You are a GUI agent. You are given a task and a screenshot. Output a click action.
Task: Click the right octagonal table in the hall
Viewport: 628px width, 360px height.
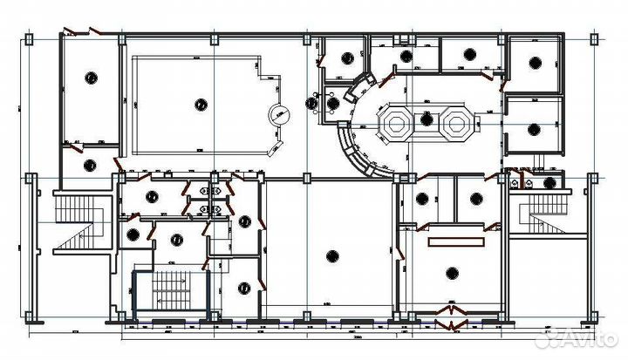pos(454,123)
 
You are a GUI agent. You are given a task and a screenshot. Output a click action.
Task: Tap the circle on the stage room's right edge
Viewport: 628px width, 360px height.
pos(279,113)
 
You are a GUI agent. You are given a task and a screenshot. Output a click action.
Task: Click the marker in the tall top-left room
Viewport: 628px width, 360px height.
pos(90,78)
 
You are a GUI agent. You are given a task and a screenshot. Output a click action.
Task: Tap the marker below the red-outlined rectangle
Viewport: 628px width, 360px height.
pos(451,273)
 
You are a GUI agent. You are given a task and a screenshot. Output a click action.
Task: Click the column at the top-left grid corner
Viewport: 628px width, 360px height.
pos(31,38)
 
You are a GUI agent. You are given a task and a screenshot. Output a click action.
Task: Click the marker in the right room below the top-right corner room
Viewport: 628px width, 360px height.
pos(533,128)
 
